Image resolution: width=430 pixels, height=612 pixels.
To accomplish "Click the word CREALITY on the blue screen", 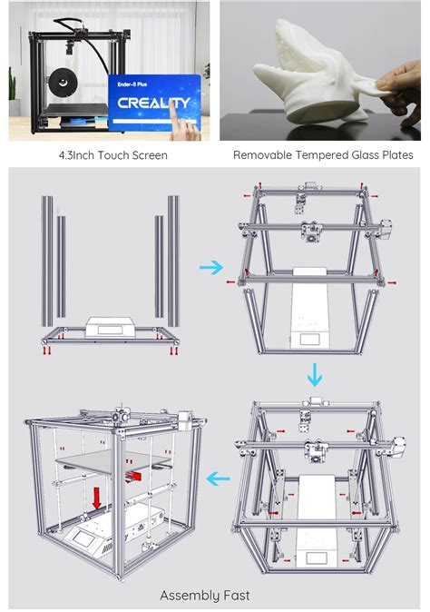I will (x=153, y=103).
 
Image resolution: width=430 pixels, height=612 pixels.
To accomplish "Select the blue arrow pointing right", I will (x=210, y=267).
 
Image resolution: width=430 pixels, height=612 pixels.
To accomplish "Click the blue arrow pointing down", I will (x=313, y=373).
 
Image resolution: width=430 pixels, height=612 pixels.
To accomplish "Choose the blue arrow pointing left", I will (x=217, y=478).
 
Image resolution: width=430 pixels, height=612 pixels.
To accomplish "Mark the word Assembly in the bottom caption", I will (x=190, y=595).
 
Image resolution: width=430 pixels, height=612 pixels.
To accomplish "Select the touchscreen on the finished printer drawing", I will (x=92, y=541).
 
